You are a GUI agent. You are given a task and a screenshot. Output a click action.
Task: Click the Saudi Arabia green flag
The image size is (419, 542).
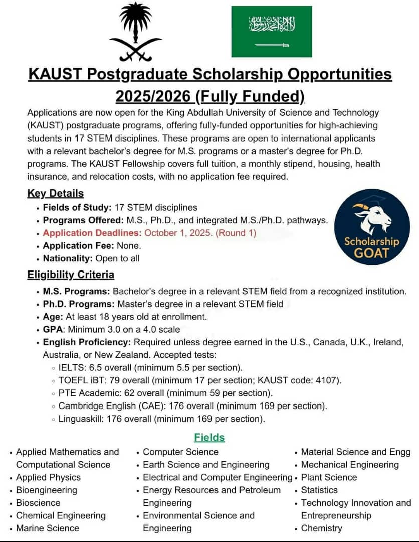(x=271, y=31)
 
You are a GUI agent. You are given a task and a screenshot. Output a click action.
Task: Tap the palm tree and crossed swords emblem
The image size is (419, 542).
(x=135, y=31)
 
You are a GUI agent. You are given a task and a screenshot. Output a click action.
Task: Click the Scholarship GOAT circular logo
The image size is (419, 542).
(x=372, y=227)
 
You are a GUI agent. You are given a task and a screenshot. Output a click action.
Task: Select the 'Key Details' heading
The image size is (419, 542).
(x=55, y=193)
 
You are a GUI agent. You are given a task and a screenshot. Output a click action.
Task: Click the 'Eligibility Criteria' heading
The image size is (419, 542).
(x=70, y=275)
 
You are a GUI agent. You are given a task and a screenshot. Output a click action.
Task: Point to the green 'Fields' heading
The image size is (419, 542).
(x=209, y=437)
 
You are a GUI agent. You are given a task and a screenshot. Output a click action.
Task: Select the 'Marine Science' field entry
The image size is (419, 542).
(x=48, y=528)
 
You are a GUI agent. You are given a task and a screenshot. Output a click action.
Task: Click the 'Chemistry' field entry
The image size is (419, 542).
(x=321, y=528)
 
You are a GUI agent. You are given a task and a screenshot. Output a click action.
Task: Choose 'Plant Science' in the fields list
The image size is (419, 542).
(x=329, y=477)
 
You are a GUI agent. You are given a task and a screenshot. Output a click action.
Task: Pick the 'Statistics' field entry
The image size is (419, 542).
(x=319, y=490)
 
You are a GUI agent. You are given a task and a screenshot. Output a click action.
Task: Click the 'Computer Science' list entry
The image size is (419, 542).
(x=180, y=452)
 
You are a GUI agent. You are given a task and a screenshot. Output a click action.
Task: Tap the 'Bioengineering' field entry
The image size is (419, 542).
(x=47, y=490)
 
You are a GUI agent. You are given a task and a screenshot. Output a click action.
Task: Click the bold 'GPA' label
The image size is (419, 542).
(x=52, y=329)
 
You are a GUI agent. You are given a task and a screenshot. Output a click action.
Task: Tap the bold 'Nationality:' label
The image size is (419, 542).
(x=68, y=258)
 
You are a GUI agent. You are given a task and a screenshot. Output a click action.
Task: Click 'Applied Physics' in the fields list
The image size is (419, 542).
(x=48, y=477)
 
